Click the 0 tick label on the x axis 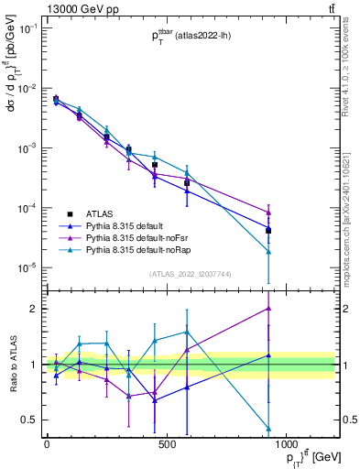click(x=47, y=444)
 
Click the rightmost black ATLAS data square click(x=268, y=230)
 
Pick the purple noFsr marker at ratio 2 click(x=268, y=309)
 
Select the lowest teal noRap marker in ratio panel click(x=268, y=429)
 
